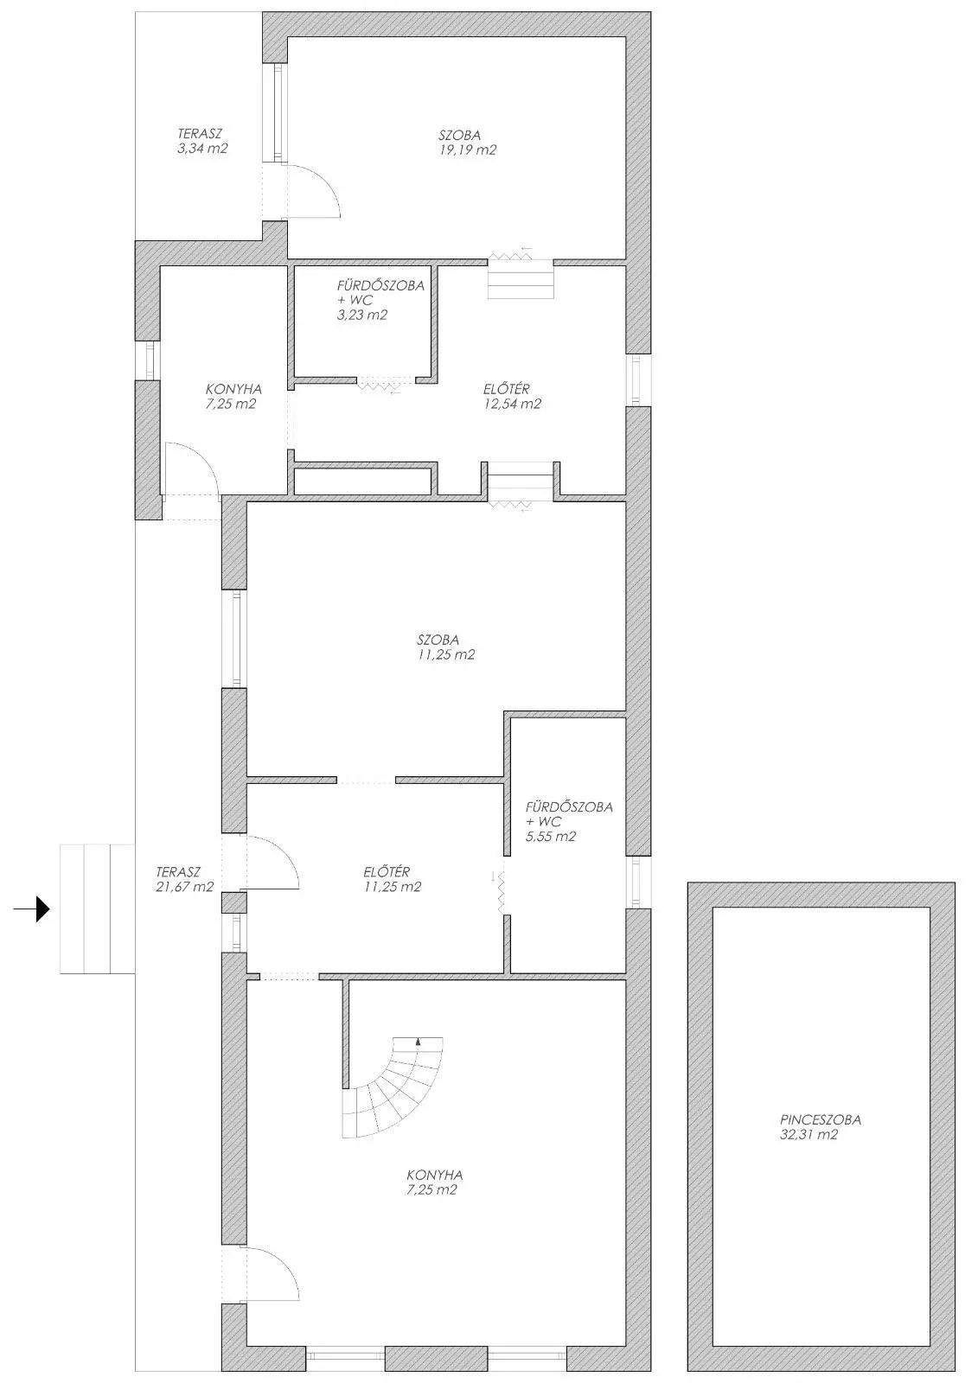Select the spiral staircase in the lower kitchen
tap(393, 1087)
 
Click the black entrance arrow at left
tap(32, 908)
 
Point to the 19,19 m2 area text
tap(468, 150)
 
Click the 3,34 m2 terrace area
tap(202, 148)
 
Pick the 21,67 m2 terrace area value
tap(185, 887)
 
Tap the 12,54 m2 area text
tap(512, 404)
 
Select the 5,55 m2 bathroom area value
tap(551, 837)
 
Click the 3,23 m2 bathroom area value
tap(362, 315)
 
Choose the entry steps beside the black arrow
tap(97, 908)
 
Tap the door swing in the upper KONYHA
tap(191, 468)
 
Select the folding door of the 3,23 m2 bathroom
tap(380, 385)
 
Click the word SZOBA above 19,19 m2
tap(460, 135)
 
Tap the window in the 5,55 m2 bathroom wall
tap(638, 883)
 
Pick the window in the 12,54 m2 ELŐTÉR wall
tap(638, 379)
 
